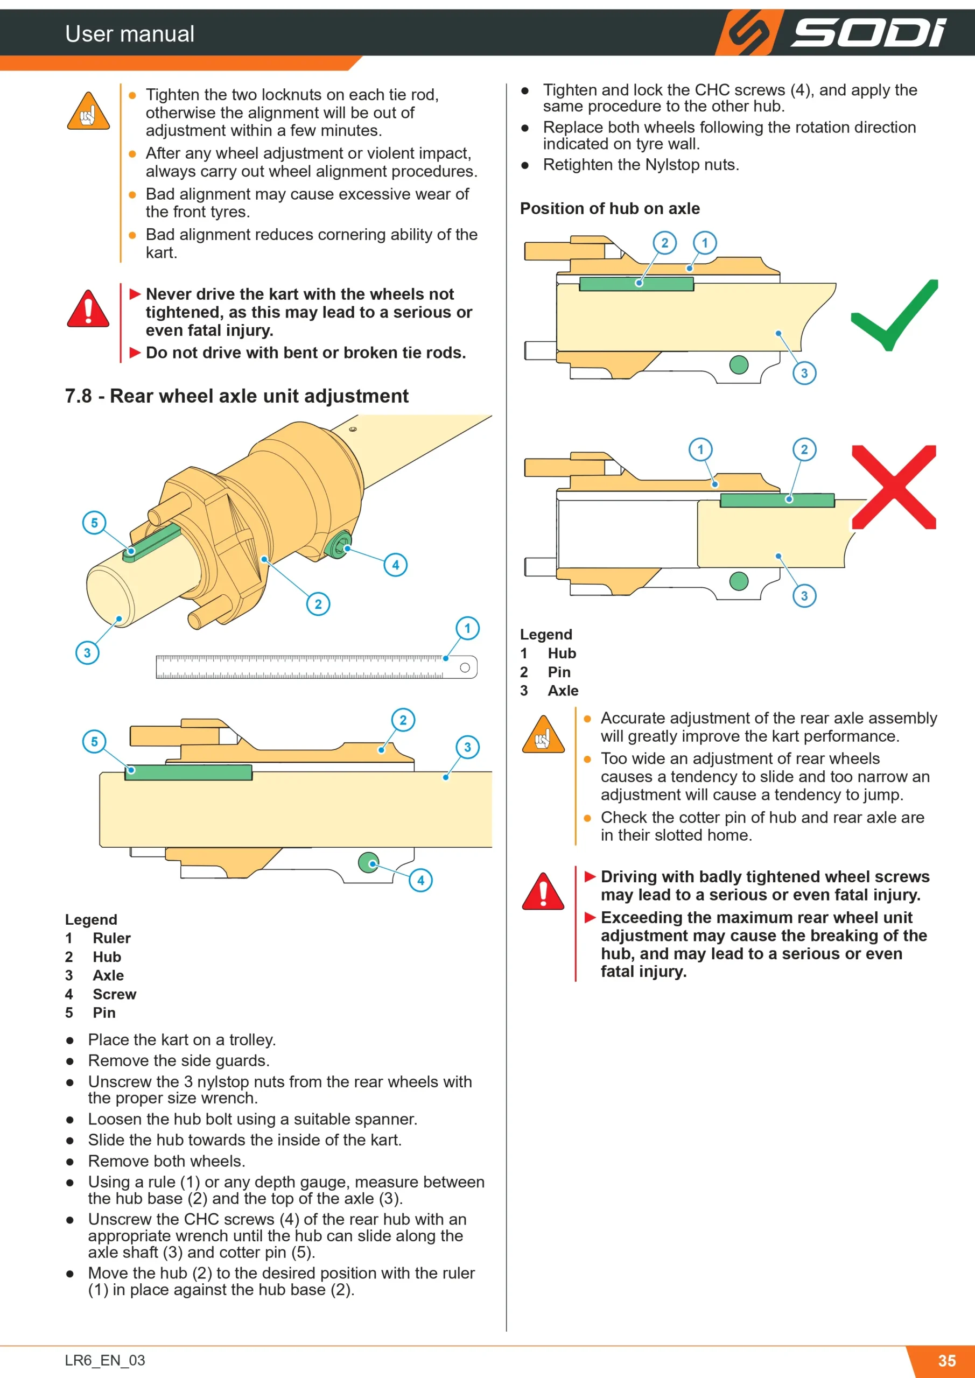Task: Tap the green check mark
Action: point(894,315)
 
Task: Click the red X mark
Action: point(894,487)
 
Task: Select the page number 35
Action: point(947,1360)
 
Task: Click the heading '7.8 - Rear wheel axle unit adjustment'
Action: point(236,396)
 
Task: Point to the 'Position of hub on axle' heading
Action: point(609,208)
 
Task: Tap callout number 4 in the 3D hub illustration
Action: point(395,565)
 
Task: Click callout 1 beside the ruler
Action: point(467,628)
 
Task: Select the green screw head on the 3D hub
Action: point(338,545)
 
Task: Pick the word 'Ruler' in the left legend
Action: point(111,938)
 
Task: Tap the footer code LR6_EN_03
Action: point(105,1360)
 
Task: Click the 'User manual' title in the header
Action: point(130,33)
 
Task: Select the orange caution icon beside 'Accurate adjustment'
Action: point(543,734)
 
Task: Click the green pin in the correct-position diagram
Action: point(636,284)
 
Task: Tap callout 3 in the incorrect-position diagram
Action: point(804,595)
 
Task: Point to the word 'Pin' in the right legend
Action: point(559,672)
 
